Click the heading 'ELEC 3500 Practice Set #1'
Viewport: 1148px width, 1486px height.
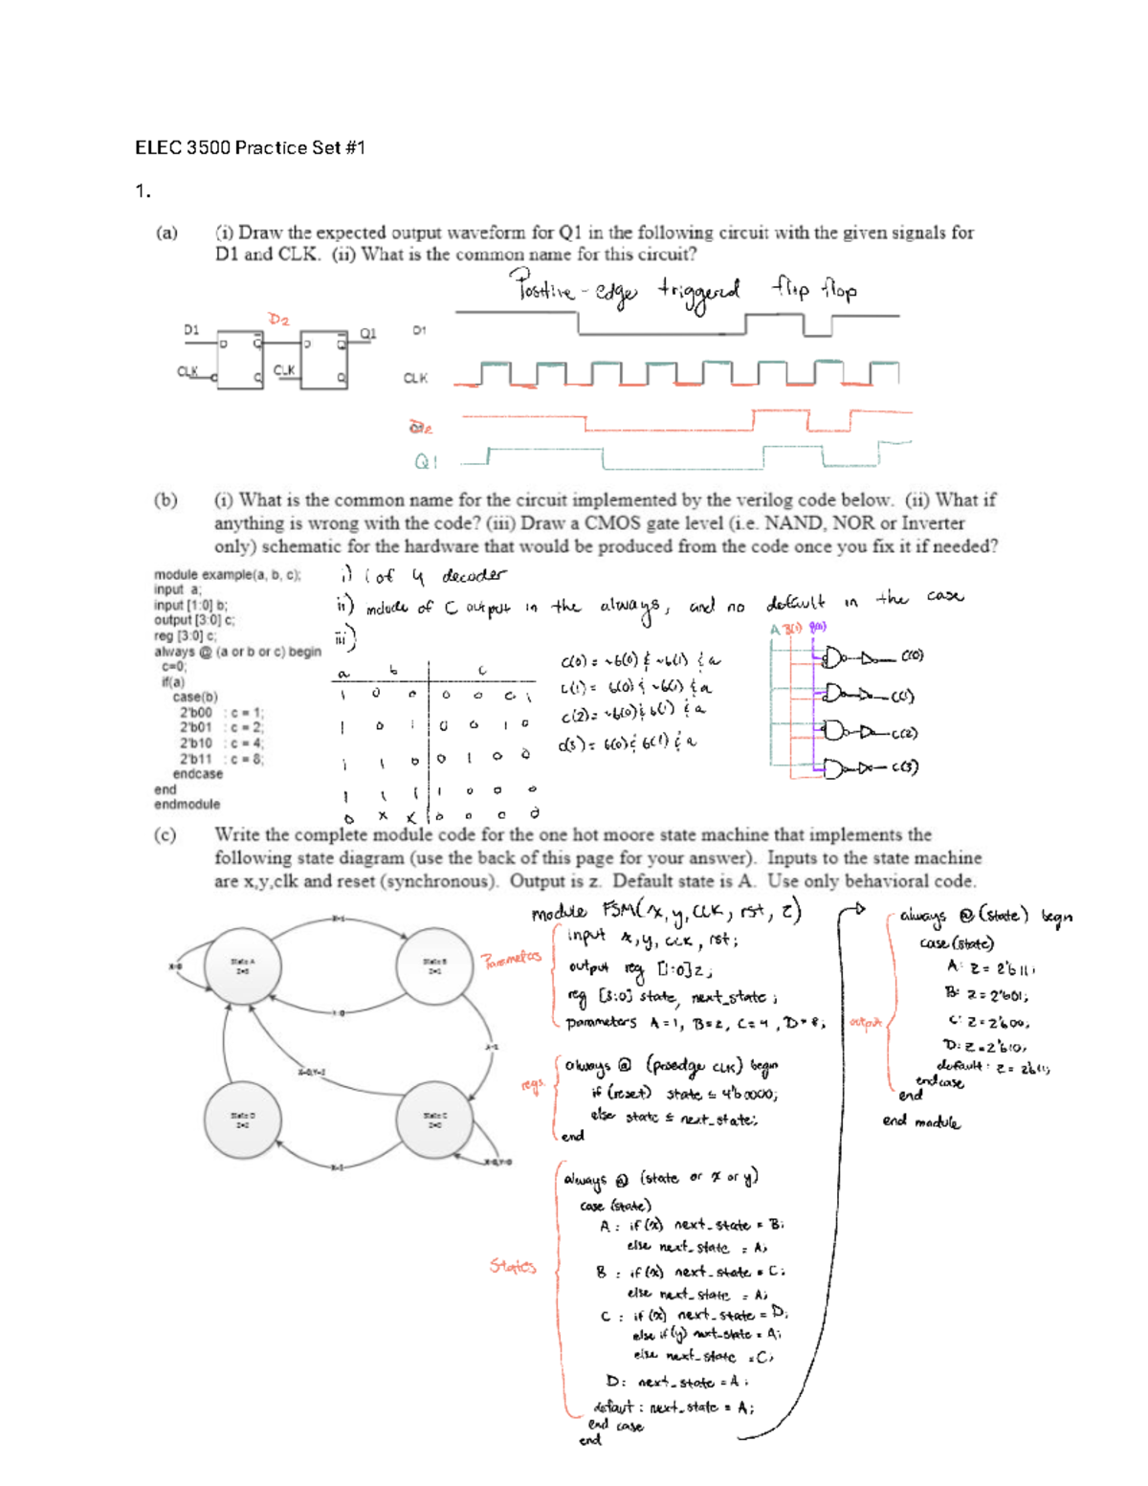250,147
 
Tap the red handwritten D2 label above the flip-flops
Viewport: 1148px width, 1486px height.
278,320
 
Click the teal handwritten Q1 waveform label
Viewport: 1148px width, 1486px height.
426,462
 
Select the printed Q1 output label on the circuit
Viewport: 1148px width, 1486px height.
368,334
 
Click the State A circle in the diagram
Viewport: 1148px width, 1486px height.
243,965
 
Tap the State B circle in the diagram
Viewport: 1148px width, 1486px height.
434,965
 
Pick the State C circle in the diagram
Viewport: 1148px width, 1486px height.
434,1120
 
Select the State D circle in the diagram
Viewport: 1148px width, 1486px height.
243,1120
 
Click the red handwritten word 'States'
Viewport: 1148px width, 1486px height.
513,1266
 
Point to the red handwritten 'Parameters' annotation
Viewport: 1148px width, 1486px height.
511,959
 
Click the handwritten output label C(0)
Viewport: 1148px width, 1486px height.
912,656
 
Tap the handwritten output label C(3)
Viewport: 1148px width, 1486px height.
904,767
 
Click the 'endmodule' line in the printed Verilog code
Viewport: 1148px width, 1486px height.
187,805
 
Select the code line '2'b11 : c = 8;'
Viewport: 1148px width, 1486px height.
221,759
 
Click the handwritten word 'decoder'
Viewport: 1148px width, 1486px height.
474,575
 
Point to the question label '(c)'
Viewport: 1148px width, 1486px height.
166,834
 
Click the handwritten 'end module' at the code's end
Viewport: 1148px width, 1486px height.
920,1121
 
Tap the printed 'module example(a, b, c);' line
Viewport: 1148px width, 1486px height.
228,575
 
